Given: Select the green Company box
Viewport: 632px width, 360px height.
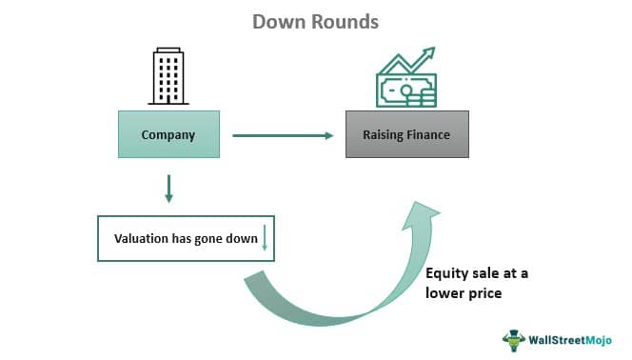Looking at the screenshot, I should pos(168,134).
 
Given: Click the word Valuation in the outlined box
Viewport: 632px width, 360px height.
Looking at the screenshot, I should pos(142,238).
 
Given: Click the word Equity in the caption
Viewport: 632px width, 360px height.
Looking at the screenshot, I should pos(447,273).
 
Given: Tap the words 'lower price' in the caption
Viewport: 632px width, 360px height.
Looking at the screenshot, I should pos(464,293).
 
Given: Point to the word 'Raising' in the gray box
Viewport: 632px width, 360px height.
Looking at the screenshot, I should pos(385,134).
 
